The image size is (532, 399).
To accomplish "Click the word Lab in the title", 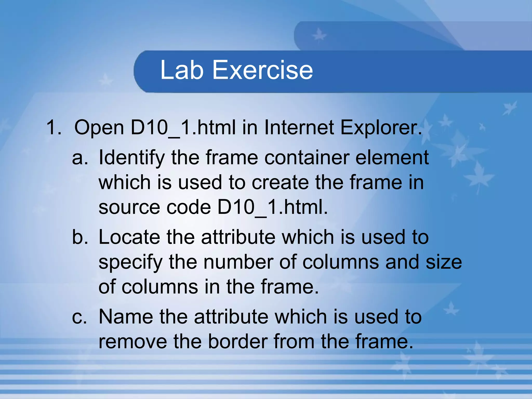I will tap(182, 70).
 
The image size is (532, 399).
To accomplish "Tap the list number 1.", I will tap(54, 128).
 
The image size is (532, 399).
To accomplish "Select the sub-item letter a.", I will tap(80, 158).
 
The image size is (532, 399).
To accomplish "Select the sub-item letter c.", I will tap(79, 317).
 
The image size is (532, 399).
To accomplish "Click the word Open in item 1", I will tap(99, 128).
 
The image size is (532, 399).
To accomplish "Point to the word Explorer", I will tap(381, 128).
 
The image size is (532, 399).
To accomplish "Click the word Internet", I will tap(299, 128).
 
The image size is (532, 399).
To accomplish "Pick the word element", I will tap(392, 158).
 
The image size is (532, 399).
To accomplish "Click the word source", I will tap(129, 208).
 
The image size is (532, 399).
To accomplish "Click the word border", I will tap(238, 341).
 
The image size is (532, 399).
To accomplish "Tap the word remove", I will tap(133, 341).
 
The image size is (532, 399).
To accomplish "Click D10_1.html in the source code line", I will tap(272, 207).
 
